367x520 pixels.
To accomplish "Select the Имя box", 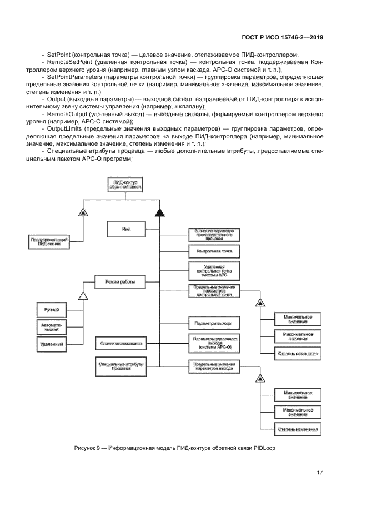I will tap(126, 229).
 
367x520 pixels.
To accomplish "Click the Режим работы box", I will tap(120, 283).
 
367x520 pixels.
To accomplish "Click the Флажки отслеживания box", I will tap(120, 344).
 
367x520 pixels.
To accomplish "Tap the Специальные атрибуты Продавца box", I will tap(120, 367).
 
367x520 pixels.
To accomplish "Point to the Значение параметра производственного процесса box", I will tap(214, 234).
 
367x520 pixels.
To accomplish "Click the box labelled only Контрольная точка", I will tap(214, 252).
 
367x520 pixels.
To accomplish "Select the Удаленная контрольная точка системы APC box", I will tap(214, 271).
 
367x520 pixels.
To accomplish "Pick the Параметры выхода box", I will tap(214, 323).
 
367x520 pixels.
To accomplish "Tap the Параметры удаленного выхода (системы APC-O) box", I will tap(214, 343).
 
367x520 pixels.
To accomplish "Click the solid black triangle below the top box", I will tap(159, 211).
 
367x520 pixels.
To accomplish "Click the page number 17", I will tap(320, 473).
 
